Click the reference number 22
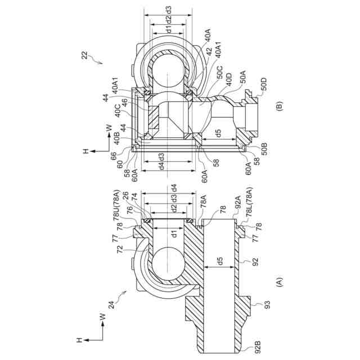tap(85, 55)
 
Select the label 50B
tap(264, 149)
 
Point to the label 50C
tap(219, 73)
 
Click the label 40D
tap(228, 79)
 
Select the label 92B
tap(258, 347)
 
